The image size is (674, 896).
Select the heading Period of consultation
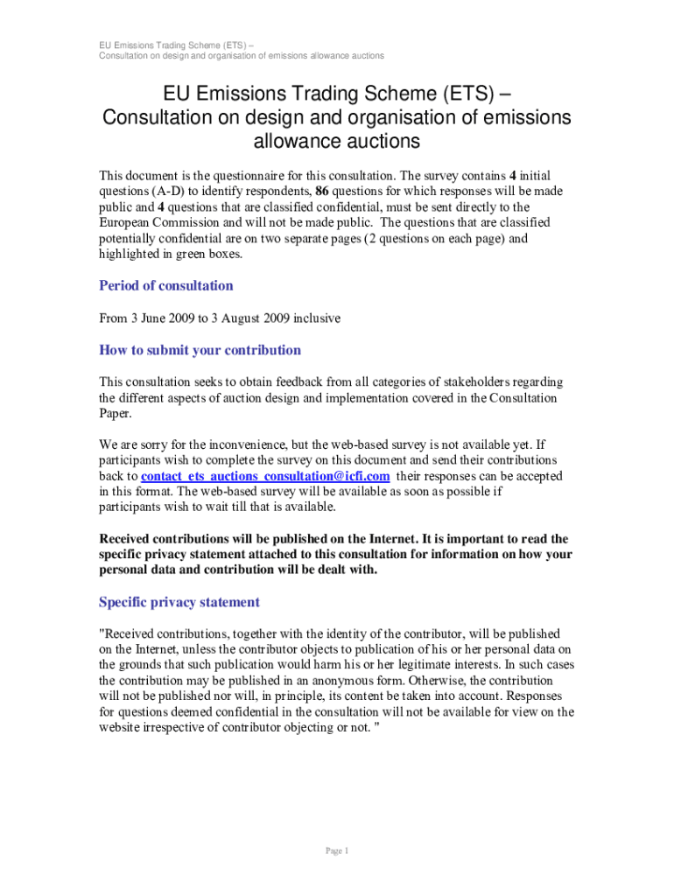point(166,286)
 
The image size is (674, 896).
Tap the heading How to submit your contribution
point(200,350)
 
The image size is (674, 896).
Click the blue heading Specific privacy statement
point(179,602)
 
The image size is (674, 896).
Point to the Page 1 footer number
point(337,851)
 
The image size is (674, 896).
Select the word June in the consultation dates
point(158,318)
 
